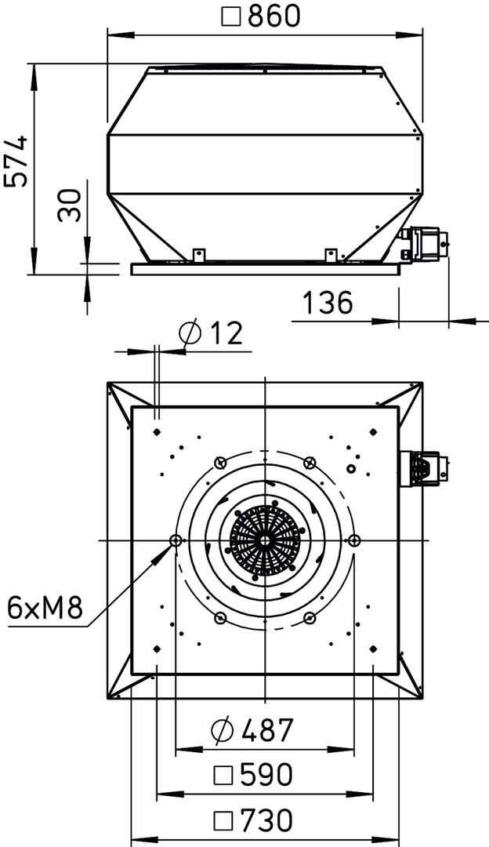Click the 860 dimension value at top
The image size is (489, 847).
[x=273, y=16]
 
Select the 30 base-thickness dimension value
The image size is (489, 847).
[x=70, y=205]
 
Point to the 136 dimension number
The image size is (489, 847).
[x=328, y=303]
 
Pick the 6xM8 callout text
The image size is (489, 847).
[x=45, y=609]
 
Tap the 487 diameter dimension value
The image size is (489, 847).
[x=266, y=730]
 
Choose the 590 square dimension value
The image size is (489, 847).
[x=266, y=775]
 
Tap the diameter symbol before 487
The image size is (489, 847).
[x=222, y=731]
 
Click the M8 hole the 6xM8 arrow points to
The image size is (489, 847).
[x=176, y=540]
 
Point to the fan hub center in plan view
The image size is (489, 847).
[x=265, y=540]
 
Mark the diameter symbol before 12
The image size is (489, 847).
[x=190, y=334]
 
